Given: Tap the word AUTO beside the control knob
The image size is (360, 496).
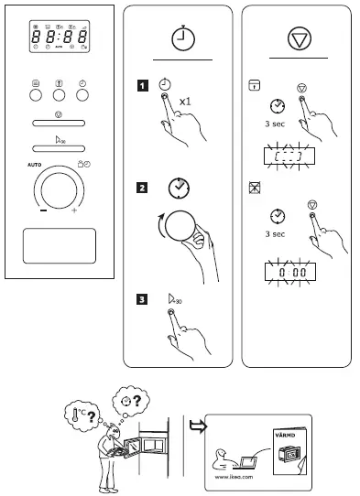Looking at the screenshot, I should coord(35,165).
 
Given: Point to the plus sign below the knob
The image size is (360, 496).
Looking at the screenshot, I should coord(74,211).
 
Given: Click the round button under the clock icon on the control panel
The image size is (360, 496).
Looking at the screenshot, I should coord(82,92).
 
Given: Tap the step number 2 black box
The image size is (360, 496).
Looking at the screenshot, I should coord(141,189).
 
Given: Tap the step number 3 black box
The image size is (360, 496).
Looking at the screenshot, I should coord(141,297).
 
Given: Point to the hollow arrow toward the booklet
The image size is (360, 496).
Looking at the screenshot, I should coord(196,424).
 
